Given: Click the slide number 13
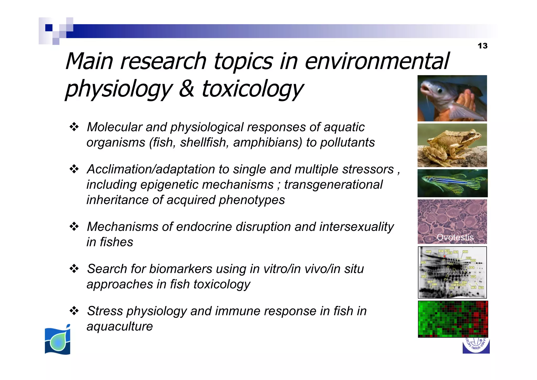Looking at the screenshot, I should coord(482,46).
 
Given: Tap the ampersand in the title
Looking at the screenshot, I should coord(186,88).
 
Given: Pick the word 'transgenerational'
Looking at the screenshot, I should coord(333,184).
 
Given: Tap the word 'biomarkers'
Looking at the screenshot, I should coord(181,269).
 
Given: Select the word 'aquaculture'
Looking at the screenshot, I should coord(120,326).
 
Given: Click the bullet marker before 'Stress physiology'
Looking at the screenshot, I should coord(74,311).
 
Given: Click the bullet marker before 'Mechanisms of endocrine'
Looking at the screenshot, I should coord(74,227).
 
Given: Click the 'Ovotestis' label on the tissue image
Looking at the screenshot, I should coord(455,237).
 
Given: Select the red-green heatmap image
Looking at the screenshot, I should coord(453,319).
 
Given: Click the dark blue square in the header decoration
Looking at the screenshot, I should coord(49,28).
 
